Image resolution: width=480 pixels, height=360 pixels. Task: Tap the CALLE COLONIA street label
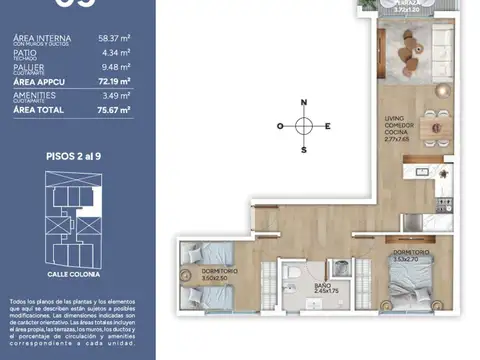tap(77, 273)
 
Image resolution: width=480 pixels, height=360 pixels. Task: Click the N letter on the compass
tap(306, 101)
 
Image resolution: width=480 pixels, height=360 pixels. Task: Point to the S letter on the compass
tap(306, 149)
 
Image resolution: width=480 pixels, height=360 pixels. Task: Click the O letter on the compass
tap(283, 126)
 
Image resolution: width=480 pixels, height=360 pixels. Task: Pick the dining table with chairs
tap(433, 127)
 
